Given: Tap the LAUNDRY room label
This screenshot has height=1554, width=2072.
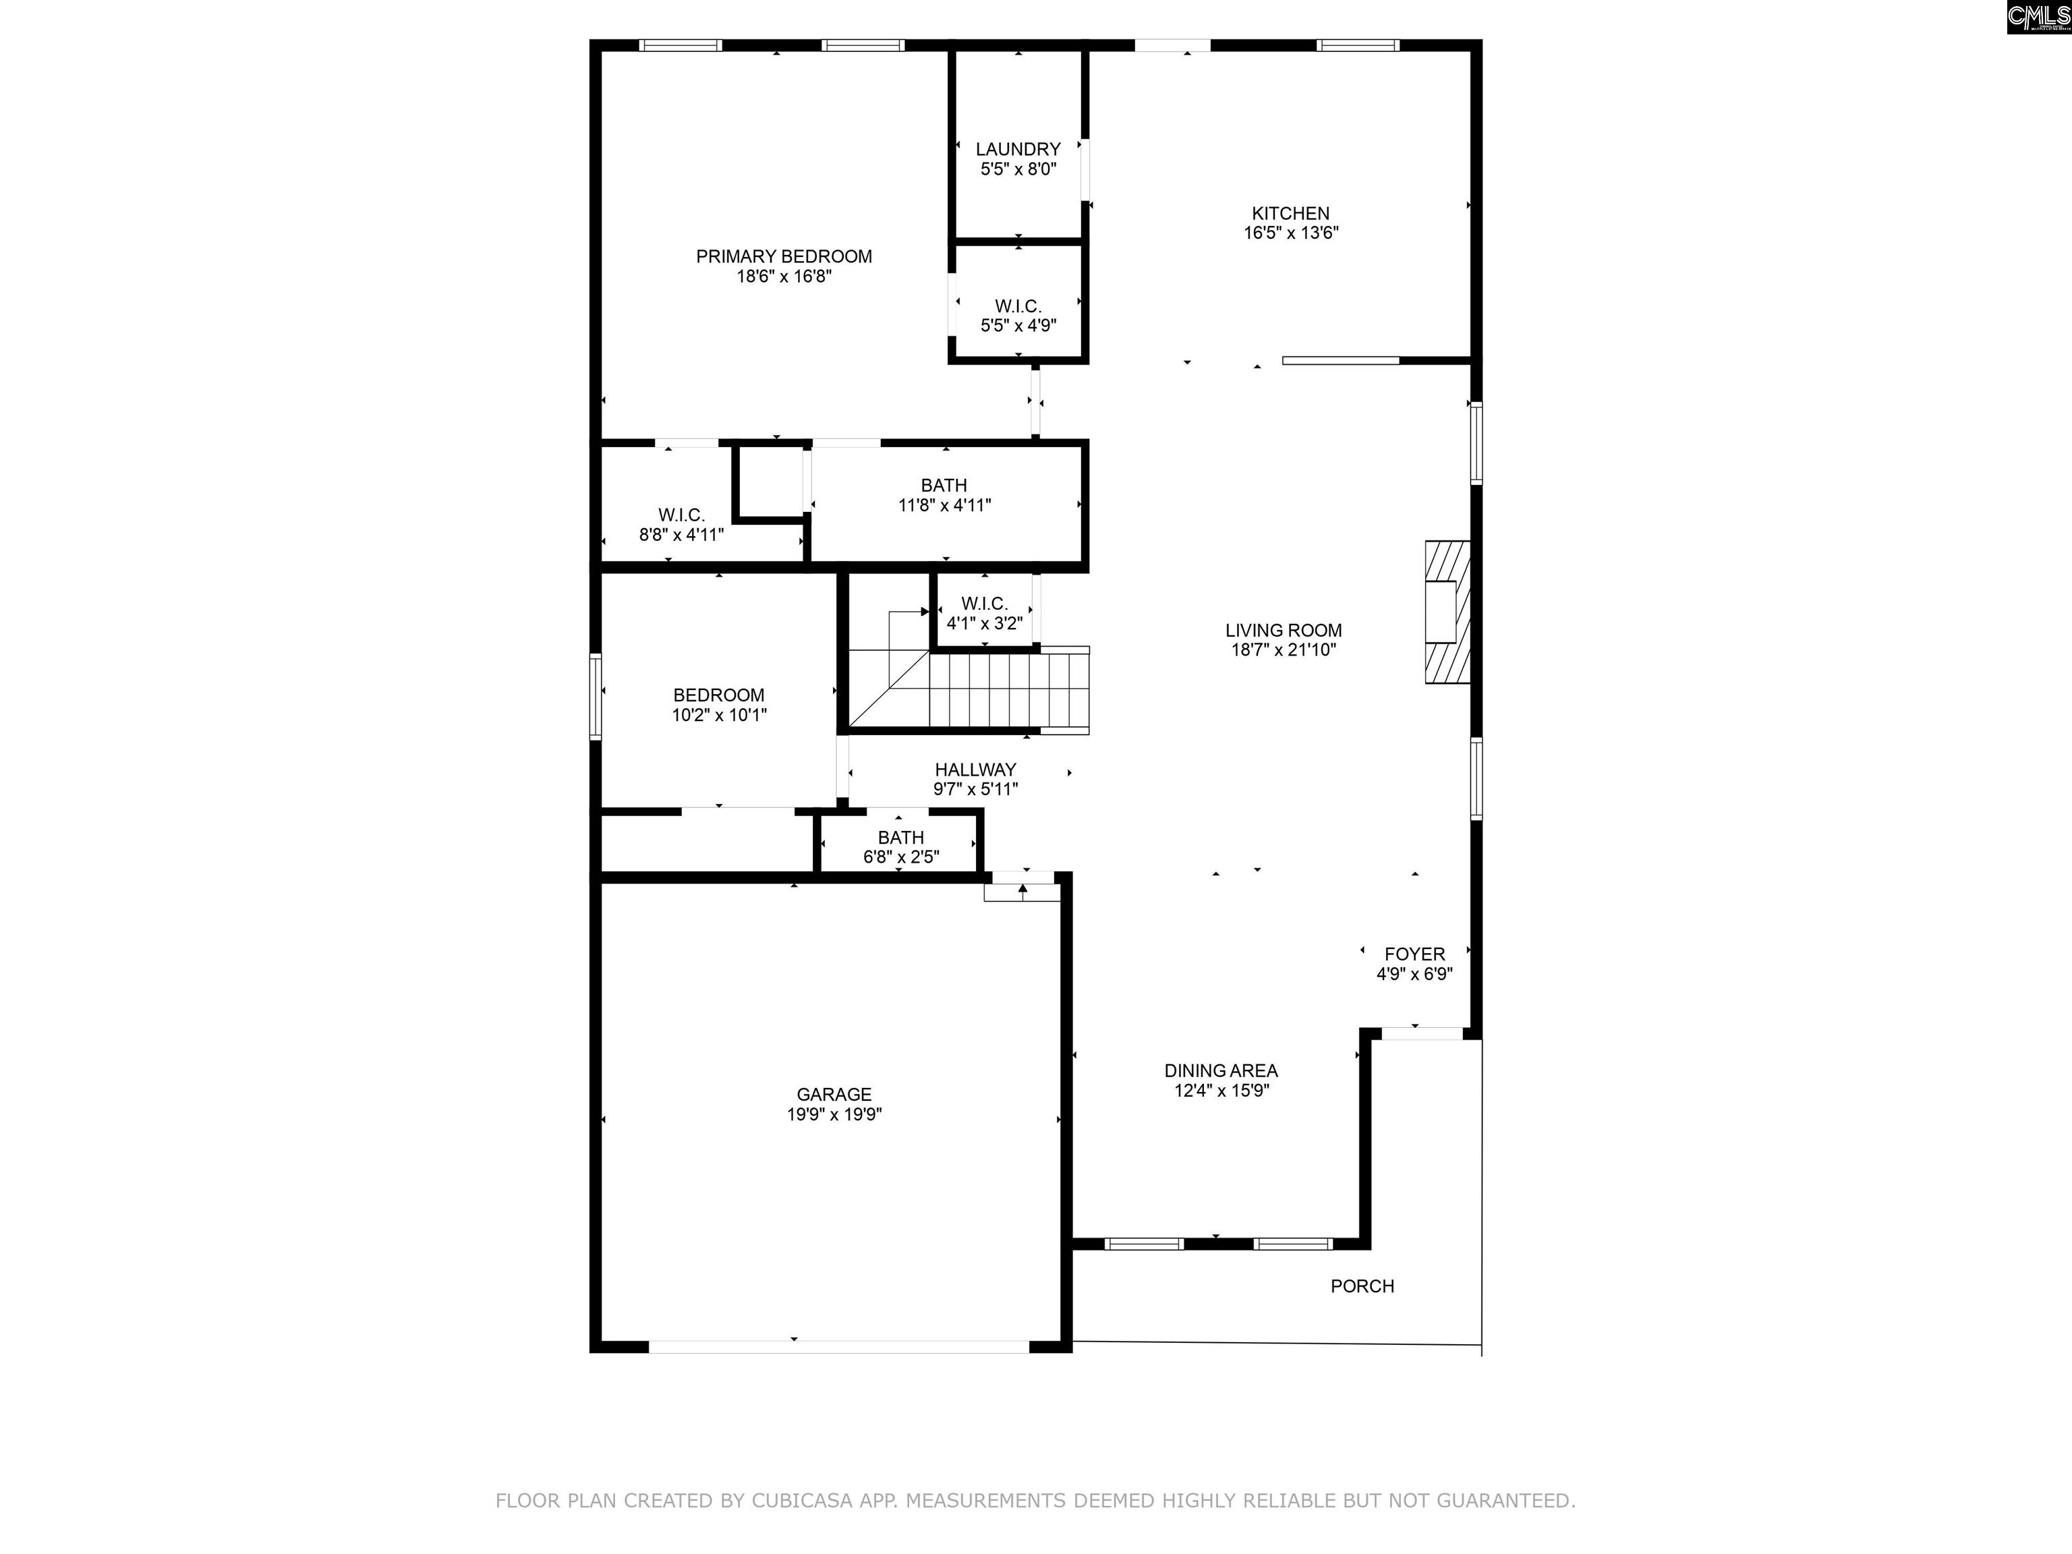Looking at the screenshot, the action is pos(1018,149).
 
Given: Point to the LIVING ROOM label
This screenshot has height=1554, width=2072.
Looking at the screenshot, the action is pos(1284,631).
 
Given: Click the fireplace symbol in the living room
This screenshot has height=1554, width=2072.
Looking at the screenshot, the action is pos(1447,612).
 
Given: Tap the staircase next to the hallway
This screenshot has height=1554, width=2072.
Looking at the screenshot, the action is pos(969,691).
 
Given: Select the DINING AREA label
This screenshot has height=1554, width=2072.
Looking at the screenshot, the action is pos(1221,1070).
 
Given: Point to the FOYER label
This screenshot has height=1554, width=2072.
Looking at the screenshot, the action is pos(1414,954).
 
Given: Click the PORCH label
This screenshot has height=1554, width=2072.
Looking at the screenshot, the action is pos(1362,1287).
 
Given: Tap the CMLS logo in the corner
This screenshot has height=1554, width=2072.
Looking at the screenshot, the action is pos(2038,17).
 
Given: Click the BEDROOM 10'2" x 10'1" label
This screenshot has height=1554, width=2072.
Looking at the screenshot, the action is pos(718,704).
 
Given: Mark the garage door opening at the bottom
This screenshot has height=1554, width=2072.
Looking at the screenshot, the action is pos(839,1347).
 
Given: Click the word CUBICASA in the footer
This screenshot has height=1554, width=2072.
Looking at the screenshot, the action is pos(802,1501).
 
